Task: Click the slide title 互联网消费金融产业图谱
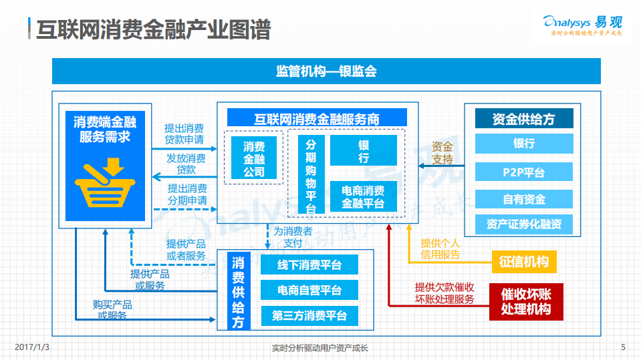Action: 153,30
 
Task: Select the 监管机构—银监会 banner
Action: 326,71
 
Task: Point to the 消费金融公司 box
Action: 253,159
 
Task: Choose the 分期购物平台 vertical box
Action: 311,176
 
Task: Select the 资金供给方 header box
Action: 523,119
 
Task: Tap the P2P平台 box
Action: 523,172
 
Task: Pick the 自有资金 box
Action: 523,198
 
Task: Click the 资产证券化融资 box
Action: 523,224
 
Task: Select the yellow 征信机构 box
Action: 524,262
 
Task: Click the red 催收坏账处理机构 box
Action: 525,302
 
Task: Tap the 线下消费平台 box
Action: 309,265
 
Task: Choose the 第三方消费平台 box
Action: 309,316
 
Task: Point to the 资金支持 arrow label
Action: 442,153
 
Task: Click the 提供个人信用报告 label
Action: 440,248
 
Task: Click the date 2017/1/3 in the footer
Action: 33,347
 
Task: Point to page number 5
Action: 622,347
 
